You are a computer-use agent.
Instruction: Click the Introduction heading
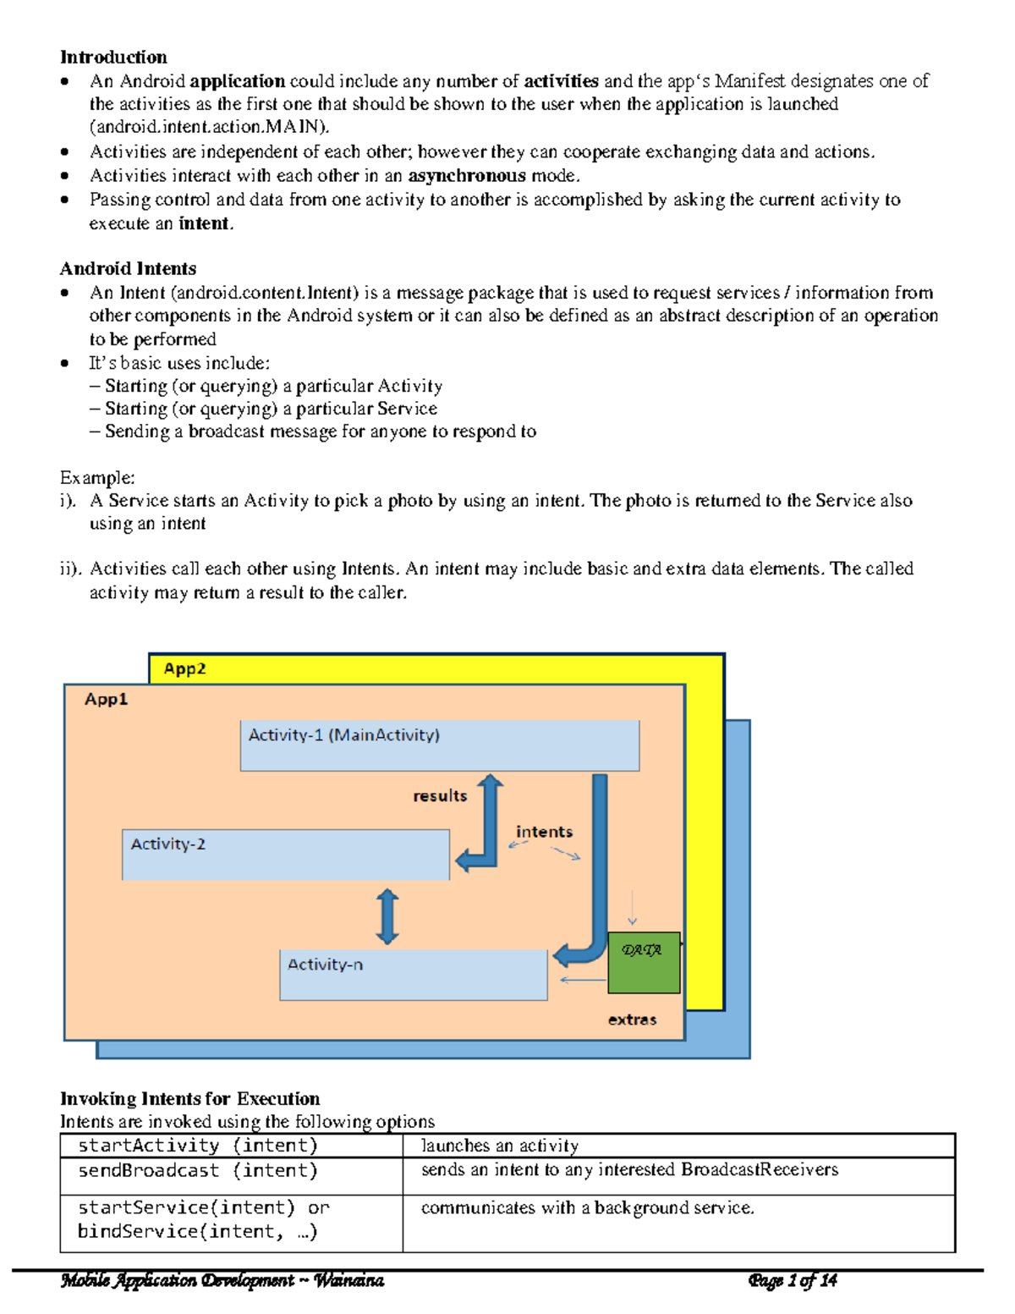[x=113, y=57]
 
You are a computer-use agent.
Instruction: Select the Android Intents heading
[x=128, y=268]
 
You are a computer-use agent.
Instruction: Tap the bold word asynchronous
[x=467, y=176]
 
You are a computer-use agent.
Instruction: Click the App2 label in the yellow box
[x=184, y=668]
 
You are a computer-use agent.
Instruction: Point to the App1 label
[x=106, y=699]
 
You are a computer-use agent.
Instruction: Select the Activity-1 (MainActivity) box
[x=439, y=745]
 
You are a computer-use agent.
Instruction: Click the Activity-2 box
[x=285, y=855]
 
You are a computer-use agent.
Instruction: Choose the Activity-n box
[x=413, y=975]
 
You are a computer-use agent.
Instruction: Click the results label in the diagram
[x=440, y=796]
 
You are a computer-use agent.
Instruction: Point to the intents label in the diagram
[x=544, y=832]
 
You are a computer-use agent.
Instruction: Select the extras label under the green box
[x=632, y=1020]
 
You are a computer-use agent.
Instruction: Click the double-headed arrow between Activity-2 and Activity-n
[x=387, y=916]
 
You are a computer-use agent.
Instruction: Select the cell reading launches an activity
[x=500, y=1146]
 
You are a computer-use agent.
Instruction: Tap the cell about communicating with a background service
[x=587, y=1208]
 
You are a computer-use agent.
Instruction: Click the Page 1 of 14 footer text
[x=793, y=1280]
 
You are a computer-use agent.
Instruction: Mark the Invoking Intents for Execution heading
[x=189, y=1098]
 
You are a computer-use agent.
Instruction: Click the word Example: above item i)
[x=97, y=477]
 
